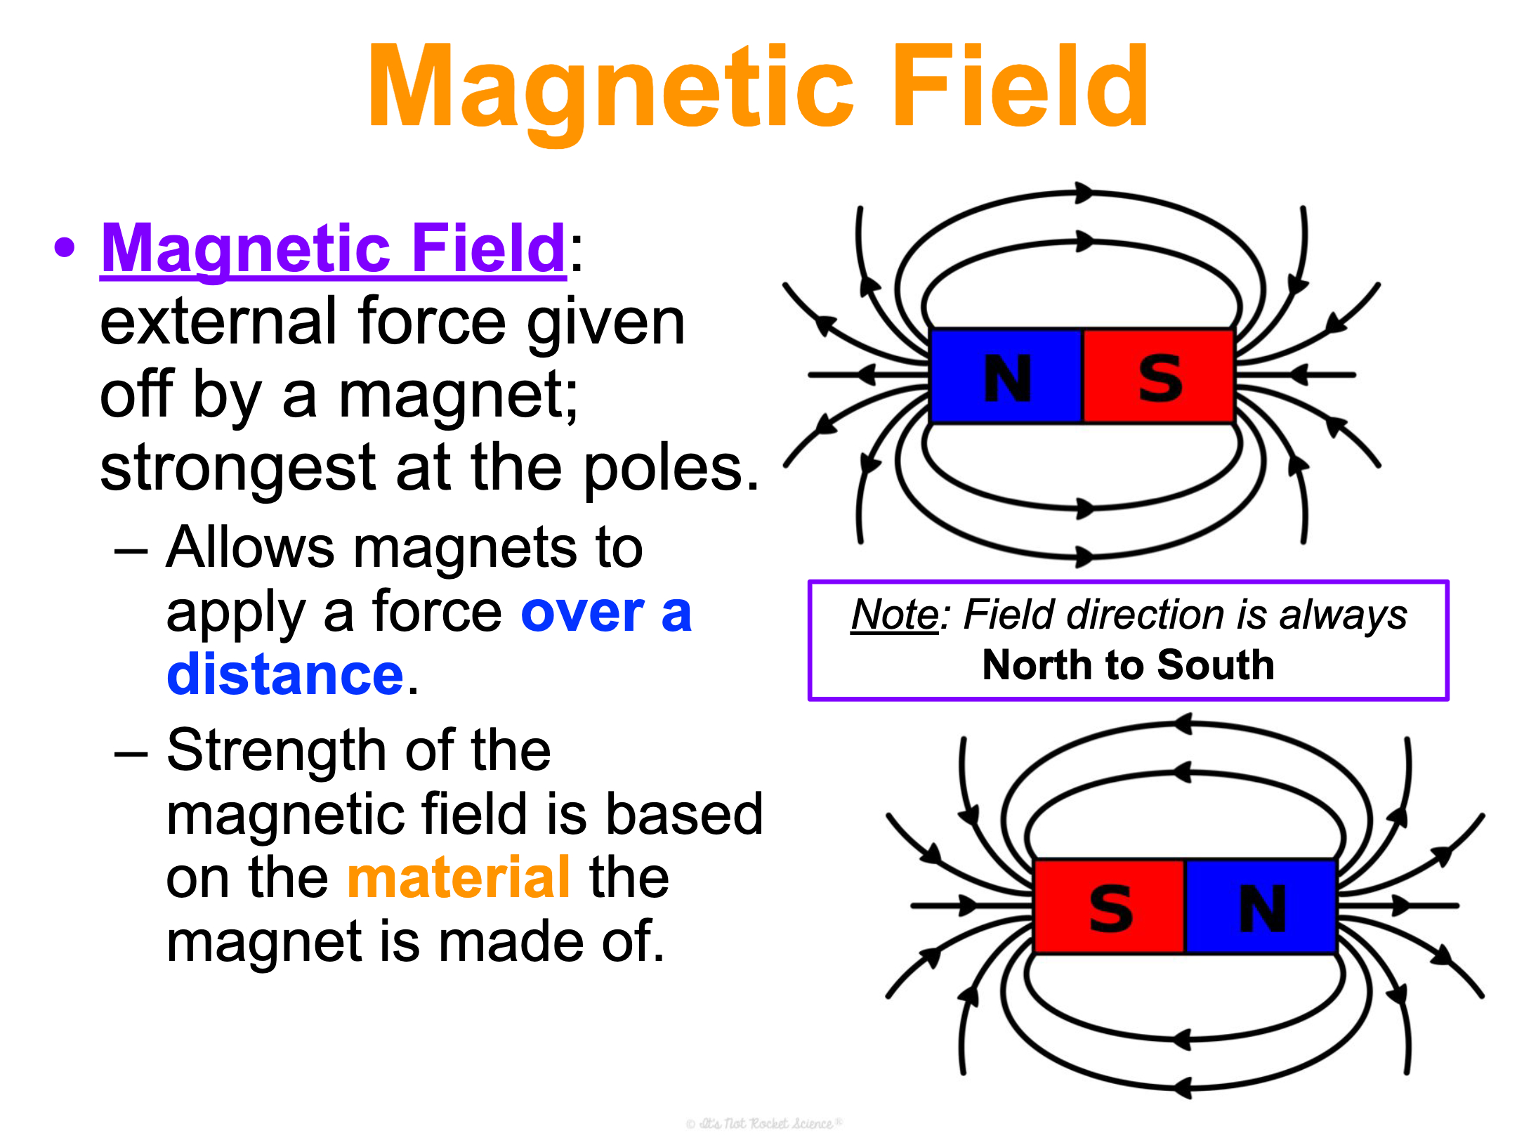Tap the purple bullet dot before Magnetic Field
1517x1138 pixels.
coord(65,247)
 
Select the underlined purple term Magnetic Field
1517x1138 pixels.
coord(333,249)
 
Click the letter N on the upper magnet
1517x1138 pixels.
coord(1007,378)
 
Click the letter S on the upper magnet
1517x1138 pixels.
coord(1160,378)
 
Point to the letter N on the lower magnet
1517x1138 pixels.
coord(1263,908)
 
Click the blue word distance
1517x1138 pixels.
coord(285,674)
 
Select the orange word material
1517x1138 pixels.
coord(459,877)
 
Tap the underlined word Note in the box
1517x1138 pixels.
coord(895,615)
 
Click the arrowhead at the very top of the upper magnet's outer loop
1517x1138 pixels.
coord(1085,192)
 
